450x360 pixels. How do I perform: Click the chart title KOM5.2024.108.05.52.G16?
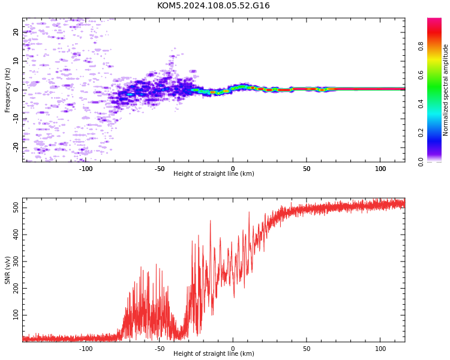(x=213, y=5)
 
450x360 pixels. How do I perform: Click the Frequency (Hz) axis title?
(x=7, y=90)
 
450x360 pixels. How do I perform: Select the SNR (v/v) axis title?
(x=7, y=270)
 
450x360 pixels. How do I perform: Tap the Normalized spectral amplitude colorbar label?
(x=445, y=90)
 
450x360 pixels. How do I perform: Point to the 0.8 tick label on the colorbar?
(x=421, y=46)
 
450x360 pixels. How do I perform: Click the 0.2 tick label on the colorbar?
(x=421, y=133)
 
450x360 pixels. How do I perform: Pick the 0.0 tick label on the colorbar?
(x=421, y=161)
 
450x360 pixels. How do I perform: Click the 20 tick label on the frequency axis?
(x=16, y=32)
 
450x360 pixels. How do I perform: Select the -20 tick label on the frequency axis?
(x=16, y=147)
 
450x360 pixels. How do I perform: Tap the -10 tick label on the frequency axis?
(x=16, y=118)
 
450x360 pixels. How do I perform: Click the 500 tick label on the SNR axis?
(x=16, y=208)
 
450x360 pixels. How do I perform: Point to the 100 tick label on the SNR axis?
(x=16, y=315)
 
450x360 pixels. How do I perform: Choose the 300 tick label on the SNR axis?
(x=16, y=261)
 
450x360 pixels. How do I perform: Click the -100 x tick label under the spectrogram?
(x=86, y=169)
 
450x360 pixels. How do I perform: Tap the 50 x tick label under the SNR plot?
(x=307, y=349)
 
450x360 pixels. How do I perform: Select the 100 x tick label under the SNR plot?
(x=380, y=349)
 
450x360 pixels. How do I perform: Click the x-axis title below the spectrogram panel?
(x=214, y=173)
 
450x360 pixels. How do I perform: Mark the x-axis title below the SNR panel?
(x=214, y=353)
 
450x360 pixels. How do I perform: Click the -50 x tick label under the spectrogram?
(x=159, y=169)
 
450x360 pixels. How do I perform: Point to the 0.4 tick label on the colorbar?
(x=421, y=104)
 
